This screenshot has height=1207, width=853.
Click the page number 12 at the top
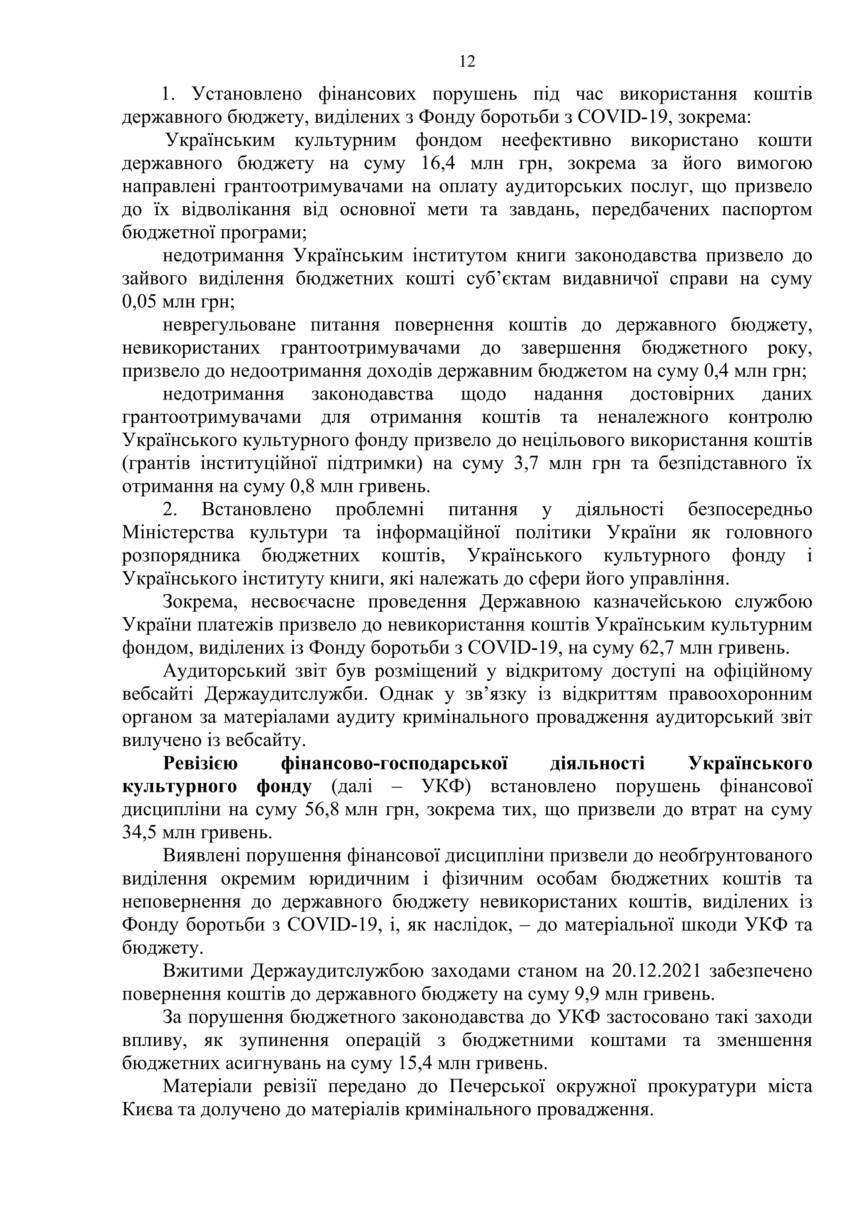tap(467, 62)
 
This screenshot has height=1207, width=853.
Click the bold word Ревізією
tap(200, 763)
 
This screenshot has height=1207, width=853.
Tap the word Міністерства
tap(179, 532)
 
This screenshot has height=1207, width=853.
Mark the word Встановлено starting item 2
tap(256, 510)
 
